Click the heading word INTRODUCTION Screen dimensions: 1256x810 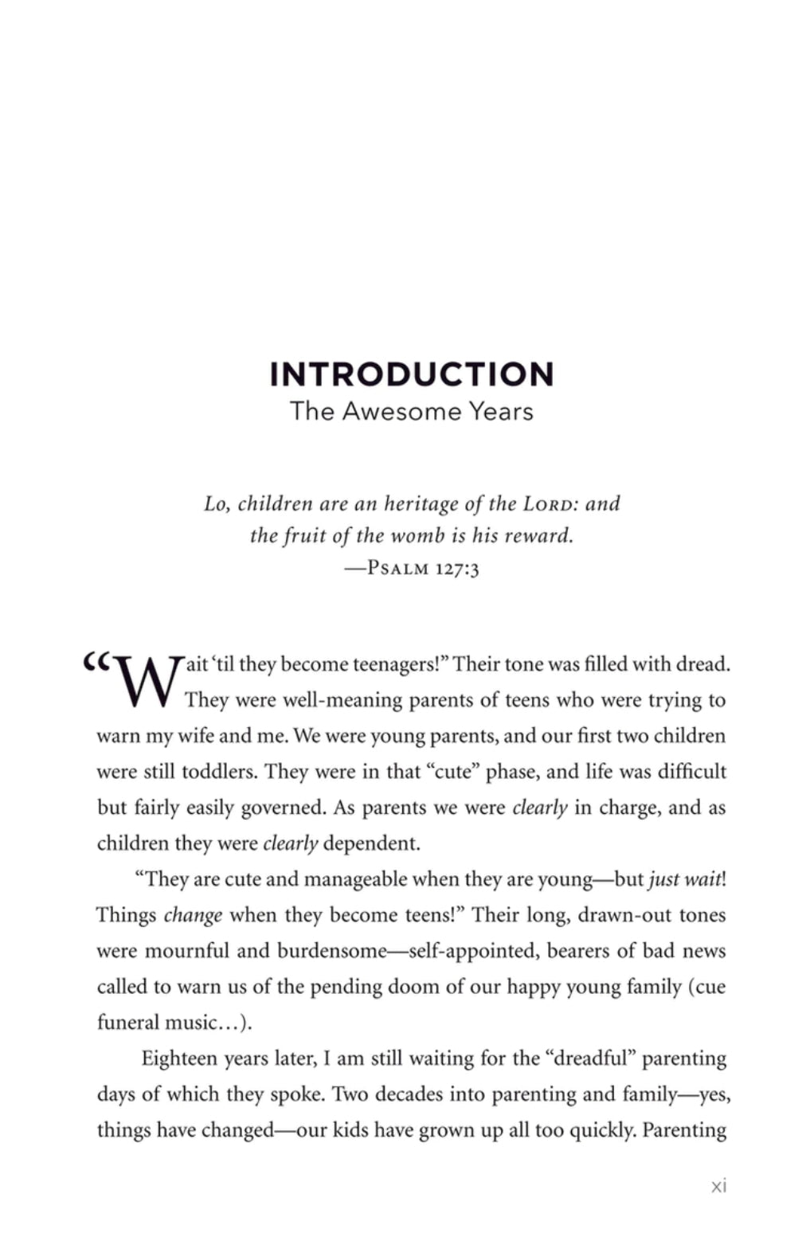click(x=411, y=374)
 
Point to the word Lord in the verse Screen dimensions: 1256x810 click(x=550, y=503)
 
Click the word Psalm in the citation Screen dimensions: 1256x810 click(x=398, y=569)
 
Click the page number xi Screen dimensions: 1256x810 click(x=718, y=1186)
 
